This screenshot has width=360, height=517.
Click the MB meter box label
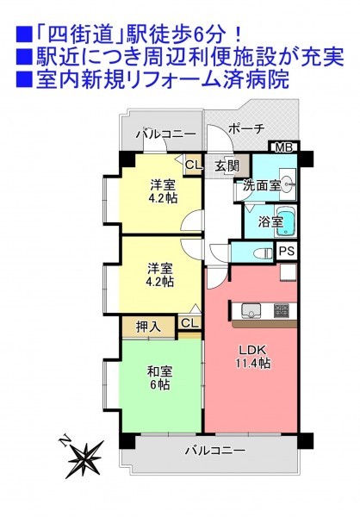point(283,147)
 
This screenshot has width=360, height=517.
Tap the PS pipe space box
point(287,251)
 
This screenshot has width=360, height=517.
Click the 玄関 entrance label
point(227,165)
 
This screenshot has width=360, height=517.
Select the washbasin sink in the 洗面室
point(288,184)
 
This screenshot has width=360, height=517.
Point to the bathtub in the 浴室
point(285,221)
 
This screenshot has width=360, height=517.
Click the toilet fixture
point(264,253)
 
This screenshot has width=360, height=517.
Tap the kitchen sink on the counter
point(251,310)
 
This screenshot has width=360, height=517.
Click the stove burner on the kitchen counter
point(282,311)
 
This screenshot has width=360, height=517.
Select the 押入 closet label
point(148,327)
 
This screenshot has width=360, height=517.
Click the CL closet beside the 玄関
point(193,165)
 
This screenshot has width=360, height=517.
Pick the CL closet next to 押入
point(189,323)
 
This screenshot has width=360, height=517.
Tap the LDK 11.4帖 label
point(253,357)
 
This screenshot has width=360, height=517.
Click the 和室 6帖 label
point(159,378)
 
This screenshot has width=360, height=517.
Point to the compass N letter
point(65,441)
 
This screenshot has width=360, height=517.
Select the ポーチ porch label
point(246,129)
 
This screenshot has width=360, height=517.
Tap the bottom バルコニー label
point(214,450)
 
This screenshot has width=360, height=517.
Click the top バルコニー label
point(166,134)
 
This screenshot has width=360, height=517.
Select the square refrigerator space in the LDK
point(288,272)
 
